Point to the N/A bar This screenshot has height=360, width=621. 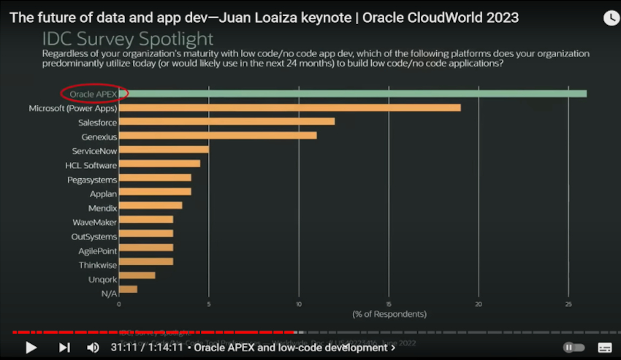(128, 289)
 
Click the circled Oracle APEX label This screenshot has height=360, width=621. (94, 93)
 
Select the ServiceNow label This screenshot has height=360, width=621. (94, 150)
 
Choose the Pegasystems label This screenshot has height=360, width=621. (92, 179)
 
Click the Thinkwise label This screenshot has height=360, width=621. (98, 264)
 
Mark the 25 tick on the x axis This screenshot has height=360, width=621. (568, 303)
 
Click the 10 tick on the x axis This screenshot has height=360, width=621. (299, 303)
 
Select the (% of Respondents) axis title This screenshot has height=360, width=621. (389, 313)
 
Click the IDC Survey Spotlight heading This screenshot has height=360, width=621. (128, 38)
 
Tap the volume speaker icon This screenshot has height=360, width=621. (93, 348)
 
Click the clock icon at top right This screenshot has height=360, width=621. (611, 18)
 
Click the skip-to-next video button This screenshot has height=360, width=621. (64, 348)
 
